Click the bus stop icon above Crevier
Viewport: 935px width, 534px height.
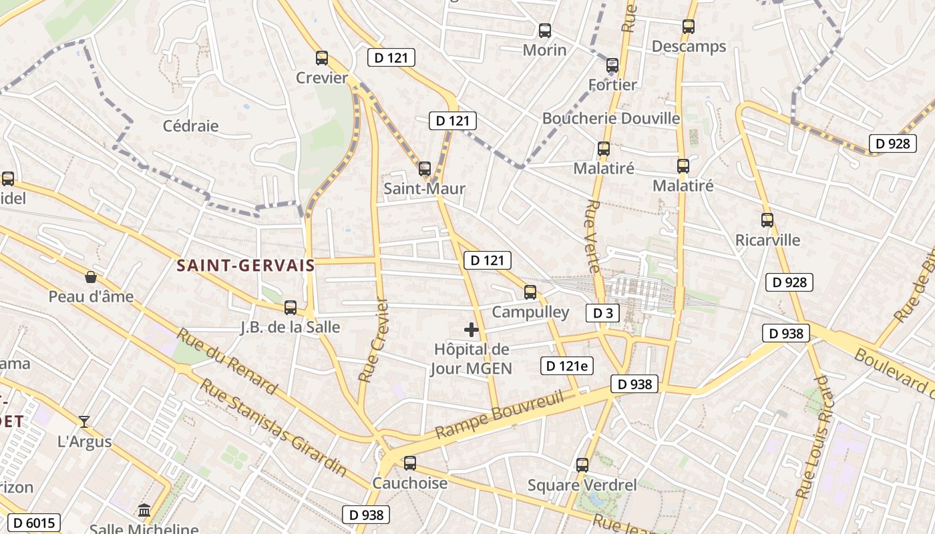pyautogui.click(x=322, y=58)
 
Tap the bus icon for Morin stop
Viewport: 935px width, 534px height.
pyautogui.click(x=545, y=30)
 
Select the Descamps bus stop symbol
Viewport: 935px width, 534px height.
pyautogui.click(x=689, y=27)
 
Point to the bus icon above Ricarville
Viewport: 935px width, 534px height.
pyautogui.click(x=767, y=220)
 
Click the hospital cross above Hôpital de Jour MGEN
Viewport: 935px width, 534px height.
pyautogui.click(x=472, y=329)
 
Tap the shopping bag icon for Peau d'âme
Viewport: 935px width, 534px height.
pyautogui.click(x=91, y=277)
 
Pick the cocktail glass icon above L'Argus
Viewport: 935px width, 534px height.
pyautogui.click(x=84, y=421)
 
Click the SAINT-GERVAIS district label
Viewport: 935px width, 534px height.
pyautogui.click(x=246, y=266)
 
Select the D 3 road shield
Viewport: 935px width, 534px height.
pyautogui.click(x=602, y=313)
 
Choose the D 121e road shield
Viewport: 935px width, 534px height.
pyautogui.click(x=567, y=366)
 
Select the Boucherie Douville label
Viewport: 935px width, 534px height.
pyautogui.click(x=611, y=118)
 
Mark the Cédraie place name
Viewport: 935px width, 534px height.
pyautogui.click(x=191, y=125)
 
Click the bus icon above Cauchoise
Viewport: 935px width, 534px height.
pyautogui.click(x=410, y=463)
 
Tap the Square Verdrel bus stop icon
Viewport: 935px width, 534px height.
pyautogui.click(x=582, y=465)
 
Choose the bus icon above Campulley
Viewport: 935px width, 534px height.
pyautogui.click(x=530, y=292)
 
